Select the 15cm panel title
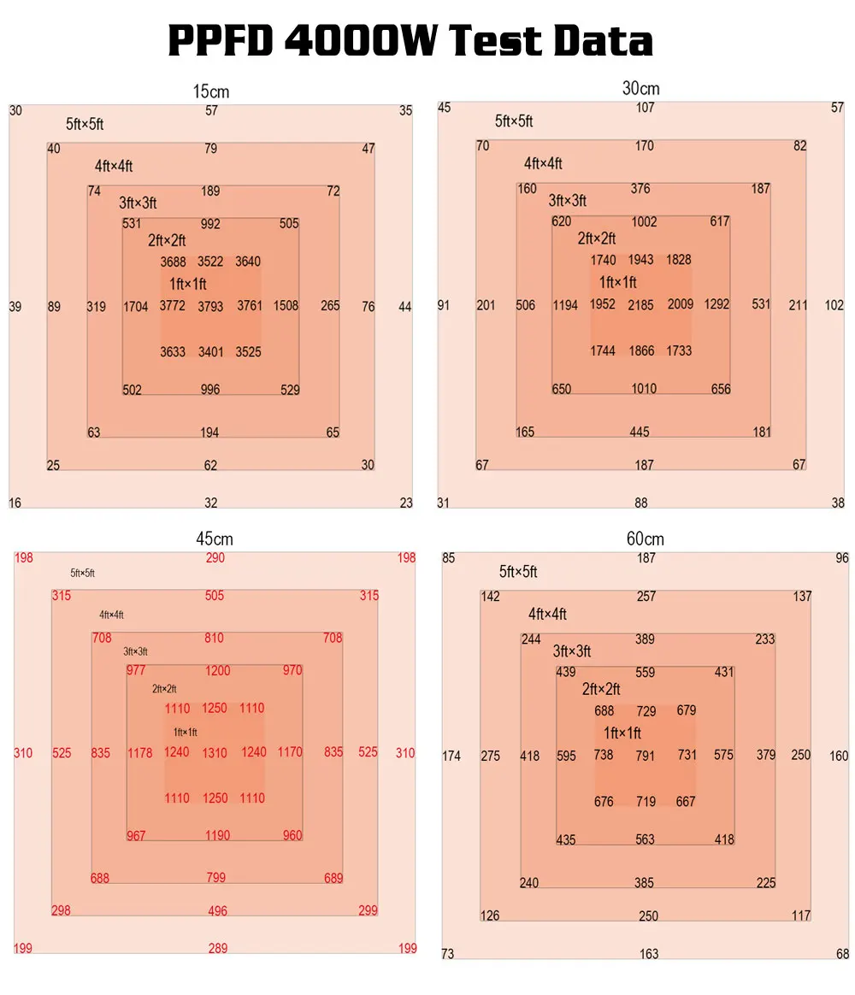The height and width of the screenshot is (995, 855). (x=212, y=91)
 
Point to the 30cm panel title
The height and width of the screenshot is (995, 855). (x=641, y=88)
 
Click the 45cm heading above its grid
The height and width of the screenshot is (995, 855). (x=214, y=539)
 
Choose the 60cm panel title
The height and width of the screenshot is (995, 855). (x=645, y=539)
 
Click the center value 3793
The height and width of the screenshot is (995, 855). (x=210, y=306)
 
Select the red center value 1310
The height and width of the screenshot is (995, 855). (x=215, y=753)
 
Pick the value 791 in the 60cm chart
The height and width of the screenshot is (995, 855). (x=646, y=756)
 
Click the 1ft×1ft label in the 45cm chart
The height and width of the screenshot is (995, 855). (x=185, y=732)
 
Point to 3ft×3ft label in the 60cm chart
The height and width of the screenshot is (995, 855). (x=571, y=651)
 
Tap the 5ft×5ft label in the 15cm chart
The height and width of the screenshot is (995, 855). (x=85, y=124)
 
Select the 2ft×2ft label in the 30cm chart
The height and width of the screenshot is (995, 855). (x=596, y=238)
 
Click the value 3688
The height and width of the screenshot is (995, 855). (x=173, y=262)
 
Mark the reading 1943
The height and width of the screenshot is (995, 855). (x=641, y=259)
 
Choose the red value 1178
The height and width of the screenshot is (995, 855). (x=140, y=753)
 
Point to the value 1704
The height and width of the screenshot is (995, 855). (x=136, y=306)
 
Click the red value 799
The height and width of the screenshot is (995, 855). (x=216, y=878)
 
